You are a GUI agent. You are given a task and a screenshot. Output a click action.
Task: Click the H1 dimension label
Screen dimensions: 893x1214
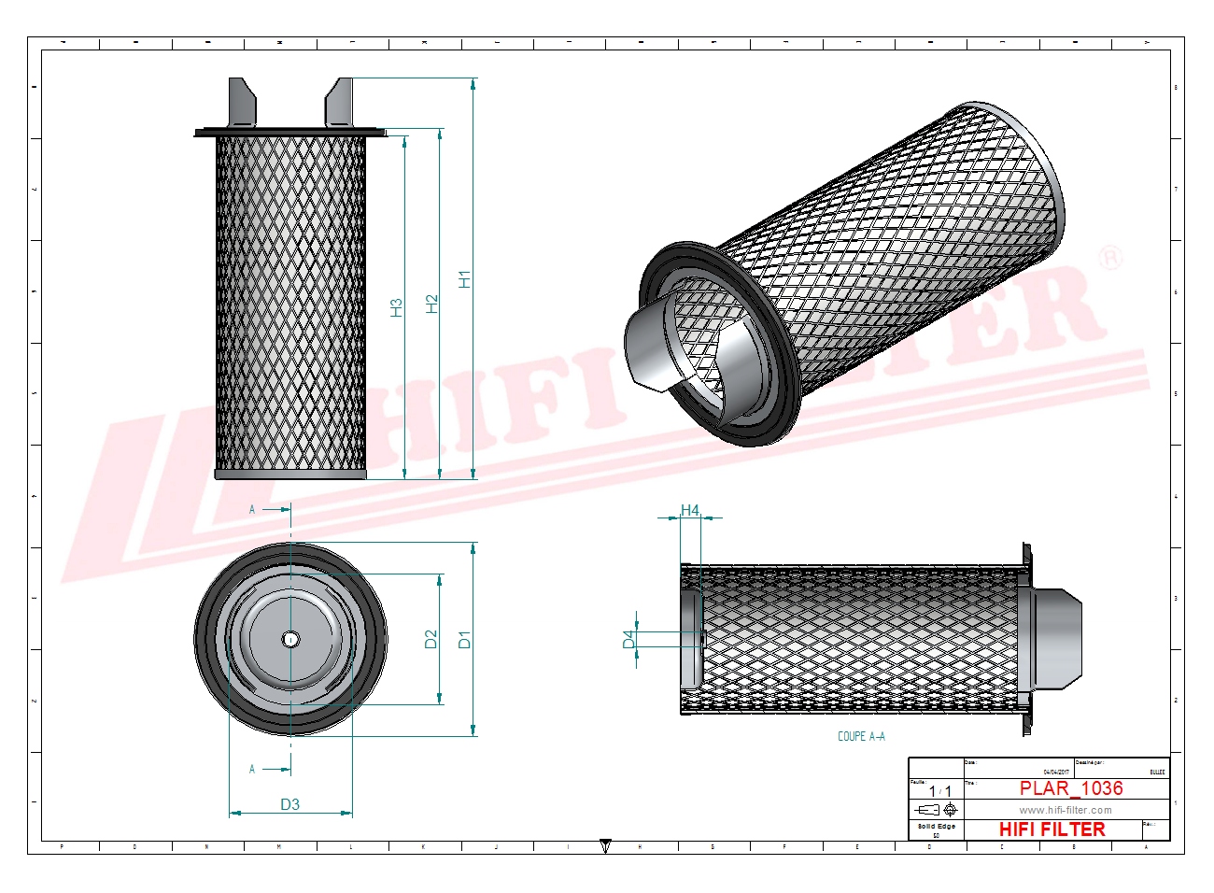pos(465,278)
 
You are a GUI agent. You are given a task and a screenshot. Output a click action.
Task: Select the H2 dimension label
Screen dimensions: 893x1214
pos(431,304)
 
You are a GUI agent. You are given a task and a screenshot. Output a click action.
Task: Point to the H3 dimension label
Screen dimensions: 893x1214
pos(396,307)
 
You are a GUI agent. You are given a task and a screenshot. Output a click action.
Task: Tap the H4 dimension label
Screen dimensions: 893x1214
pos(689,510)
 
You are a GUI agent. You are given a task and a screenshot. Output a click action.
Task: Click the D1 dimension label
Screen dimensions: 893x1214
pos(465,639)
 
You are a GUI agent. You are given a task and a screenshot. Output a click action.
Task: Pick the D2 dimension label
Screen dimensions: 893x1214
pos(431,639)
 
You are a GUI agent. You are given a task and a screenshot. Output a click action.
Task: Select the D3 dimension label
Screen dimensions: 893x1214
pos(289,804)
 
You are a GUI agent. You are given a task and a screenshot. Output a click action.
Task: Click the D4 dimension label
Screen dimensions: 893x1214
pos(628,639)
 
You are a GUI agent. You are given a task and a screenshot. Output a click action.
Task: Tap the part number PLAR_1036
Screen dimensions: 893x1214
pos(1070,788)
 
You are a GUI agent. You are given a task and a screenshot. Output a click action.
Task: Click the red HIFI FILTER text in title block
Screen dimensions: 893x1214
pos(1052,829)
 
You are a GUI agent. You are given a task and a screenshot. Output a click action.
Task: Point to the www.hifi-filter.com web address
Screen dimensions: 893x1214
pos(1065,810)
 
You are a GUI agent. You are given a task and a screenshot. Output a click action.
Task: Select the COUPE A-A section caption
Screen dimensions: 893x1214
pos(861,736)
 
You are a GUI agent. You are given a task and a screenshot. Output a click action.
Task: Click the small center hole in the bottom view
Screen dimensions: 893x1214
pos(290,639)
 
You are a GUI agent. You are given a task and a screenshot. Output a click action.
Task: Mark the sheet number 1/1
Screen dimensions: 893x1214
pos(939,791)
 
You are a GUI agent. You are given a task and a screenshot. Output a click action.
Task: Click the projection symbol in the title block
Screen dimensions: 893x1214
pos(937,810)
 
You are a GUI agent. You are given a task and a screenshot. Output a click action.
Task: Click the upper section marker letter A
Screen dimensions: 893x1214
pos(252,509)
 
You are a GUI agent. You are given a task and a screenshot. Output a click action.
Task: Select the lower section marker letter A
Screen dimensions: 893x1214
pos(252,769)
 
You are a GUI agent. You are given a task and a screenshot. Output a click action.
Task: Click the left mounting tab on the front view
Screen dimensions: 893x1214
pos(240,102)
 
